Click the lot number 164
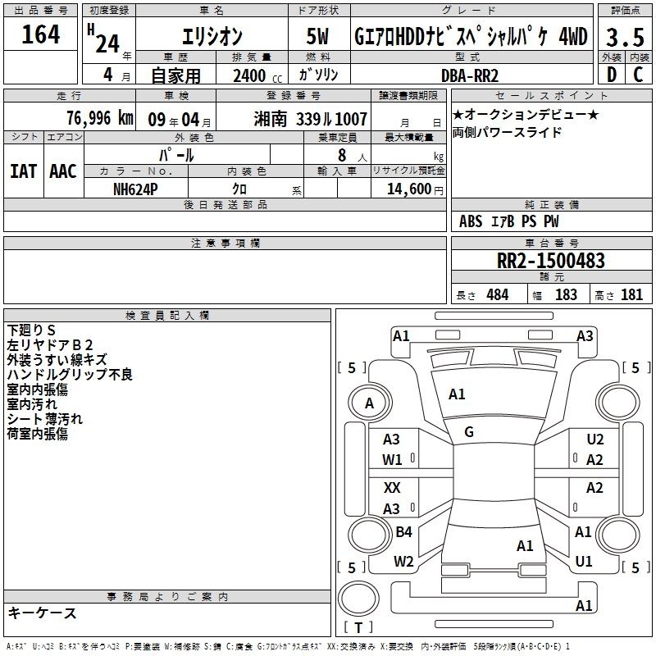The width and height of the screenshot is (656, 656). (40, 34)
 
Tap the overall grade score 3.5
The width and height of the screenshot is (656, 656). (625, 37)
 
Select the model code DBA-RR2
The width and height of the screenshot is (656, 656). (470, 75)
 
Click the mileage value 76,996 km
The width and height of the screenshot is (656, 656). (100, 118)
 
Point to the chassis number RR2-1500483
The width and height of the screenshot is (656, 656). (550, 260)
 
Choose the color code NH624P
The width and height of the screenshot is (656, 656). (135, 189)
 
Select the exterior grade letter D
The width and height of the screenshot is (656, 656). (612, 75)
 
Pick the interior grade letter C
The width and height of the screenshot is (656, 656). (638, 75)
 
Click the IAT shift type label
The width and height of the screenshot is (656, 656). (24, 171)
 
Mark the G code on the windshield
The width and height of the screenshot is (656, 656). (469, 432)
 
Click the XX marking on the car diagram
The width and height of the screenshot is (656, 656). (392, 488)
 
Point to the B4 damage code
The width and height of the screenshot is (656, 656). (403, 531)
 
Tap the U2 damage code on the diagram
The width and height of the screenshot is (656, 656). (595, 440)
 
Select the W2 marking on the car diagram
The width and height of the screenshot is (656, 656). (403, 562)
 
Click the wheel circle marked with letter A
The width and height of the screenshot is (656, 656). (370, 403)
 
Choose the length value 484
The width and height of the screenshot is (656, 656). (498, 295)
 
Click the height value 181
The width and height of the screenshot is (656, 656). (631, 295)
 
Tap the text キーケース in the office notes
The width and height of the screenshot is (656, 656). (43, 613)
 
